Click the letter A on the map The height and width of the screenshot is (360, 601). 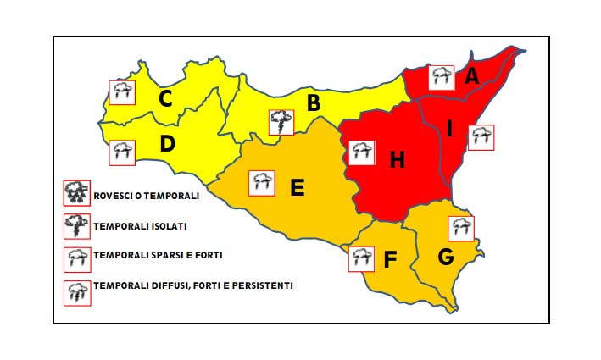[472, 76]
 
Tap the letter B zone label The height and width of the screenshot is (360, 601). [314, 103]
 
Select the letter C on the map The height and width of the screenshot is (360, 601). [166, 99]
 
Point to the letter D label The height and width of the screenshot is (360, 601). [167, 144]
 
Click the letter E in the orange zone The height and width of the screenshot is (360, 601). [298, 187]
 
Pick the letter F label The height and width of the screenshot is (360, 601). [390, 259]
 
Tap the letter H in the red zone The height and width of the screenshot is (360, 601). [398, 158]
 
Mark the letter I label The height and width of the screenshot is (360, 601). [450, 128]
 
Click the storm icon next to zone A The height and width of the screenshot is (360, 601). [441, 77]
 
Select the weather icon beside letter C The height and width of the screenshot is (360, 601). [123, 91]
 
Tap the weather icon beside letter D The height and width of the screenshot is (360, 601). [123, 152]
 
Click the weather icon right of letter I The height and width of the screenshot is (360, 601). [481, 137]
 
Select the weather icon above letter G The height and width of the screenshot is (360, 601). [460, 228]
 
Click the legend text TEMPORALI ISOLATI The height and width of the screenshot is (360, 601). [141, 226]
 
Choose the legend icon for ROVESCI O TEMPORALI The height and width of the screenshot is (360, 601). [76, 193]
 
